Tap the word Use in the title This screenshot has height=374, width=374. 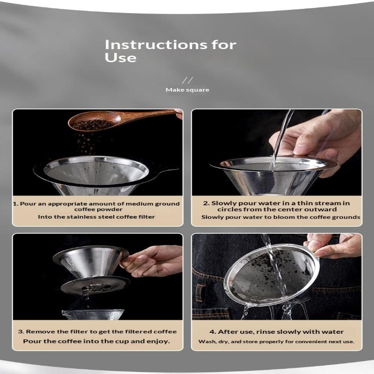coord(121,58)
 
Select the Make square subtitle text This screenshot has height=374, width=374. coord(187,90)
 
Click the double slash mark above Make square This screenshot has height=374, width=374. coord(187,80)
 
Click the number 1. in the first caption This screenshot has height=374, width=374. coord(15,204)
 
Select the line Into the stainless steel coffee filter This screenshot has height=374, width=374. coord(96,217)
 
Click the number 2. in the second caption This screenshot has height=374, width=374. coord(207,203)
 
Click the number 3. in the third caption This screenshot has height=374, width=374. coord(21,332)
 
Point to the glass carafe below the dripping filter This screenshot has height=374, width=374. coord(93,314)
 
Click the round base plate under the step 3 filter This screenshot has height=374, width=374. coord(95,286)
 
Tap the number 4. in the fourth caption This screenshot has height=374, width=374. coord(213,332)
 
